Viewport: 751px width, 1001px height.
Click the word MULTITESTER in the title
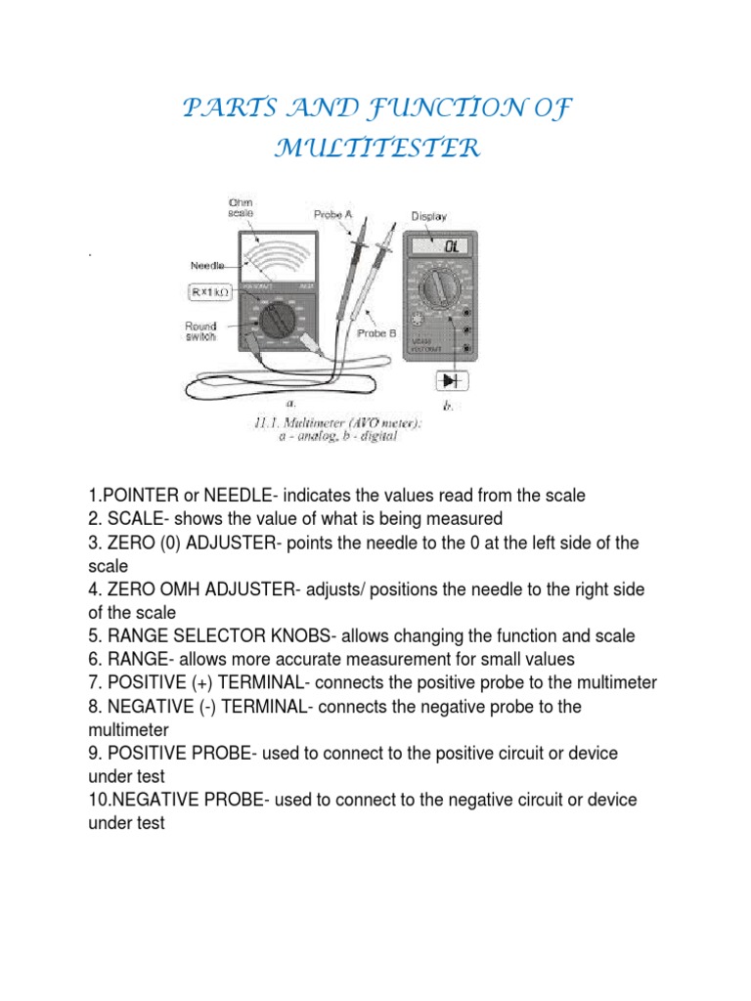(x=376, y=150)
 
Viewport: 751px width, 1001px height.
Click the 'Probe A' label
(x=334, y=214)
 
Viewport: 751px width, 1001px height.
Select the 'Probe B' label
(x=377, y=333)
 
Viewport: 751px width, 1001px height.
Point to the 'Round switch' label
(x=203, y=333)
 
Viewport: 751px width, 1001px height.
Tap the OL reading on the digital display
(x=451, y=247)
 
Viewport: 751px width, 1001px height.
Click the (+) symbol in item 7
(x=198, y=683)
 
